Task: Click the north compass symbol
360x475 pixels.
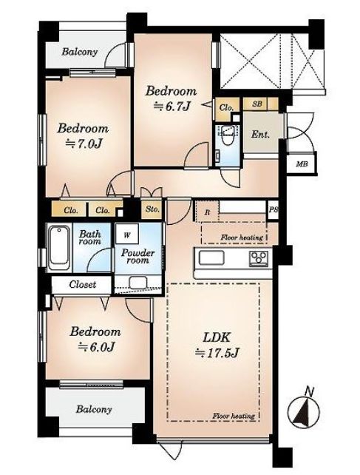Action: (304, 411)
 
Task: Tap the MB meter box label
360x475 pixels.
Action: (302, 164)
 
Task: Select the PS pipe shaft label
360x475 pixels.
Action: (273, 209)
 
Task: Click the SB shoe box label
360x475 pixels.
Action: (257, 104)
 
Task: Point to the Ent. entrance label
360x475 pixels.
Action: (260, 134)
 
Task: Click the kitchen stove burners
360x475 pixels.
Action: (259, 258)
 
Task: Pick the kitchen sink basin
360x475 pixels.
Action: (211, 257)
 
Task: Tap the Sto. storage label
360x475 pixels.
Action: (152, 209)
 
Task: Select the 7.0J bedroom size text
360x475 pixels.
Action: (84, 144)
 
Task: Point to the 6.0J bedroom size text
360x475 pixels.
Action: (96, 346)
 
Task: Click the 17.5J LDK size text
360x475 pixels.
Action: (217, 352)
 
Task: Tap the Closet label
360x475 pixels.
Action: (82, 284)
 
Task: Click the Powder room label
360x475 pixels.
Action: (137, 256)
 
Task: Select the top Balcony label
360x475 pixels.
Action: (80, 52)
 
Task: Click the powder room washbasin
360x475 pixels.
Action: (138, 283)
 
